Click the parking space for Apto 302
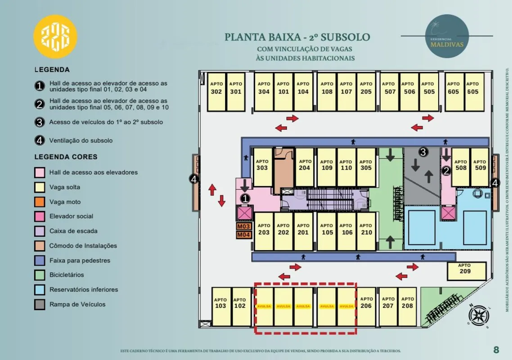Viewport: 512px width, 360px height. (216, 92)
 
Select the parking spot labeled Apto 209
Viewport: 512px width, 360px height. (466, 271)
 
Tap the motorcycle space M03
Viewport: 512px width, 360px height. (244, 226)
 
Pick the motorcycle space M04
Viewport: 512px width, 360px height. (244, 234)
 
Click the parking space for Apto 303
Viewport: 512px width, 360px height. (262, 167)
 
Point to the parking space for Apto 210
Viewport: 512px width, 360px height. (366, 231)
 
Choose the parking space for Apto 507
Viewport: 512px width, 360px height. (390, 92)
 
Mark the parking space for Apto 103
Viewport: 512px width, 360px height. (220, 306)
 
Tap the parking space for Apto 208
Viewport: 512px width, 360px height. (407, 306)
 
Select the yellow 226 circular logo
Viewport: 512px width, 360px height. (55, 36)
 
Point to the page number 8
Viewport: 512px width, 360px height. (496, 350)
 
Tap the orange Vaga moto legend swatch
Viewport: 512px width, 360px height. (40, 202)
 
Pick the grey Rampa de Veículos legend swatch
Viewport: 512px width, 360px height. (40, 305)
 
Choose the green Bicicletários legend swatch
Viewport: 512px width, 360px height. (40, 275)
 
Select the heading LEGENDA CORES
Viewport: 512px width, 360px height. (66, 157)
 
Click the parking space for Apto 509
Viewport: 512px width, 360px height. (480, 167)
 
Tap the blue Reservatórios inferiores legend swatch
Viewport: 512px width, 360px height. (40, 290)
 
